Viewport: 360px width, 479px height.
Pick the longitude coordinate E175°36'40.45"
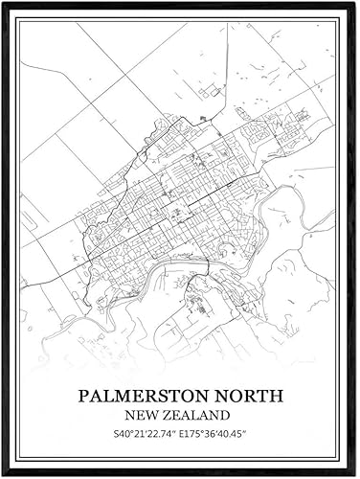coord(222,435)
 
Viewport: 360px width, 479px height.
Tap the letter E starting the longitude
coord(188,435)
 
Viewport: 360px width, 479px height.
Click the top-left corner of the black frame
coord(3,3)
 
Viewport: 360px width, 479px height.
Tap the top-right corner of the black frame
coord(356,3)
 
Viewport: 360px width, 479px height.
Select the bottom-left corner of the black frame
coord(3,475)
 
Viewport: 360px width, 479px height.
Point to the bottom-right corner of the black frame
coord(356,475)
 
